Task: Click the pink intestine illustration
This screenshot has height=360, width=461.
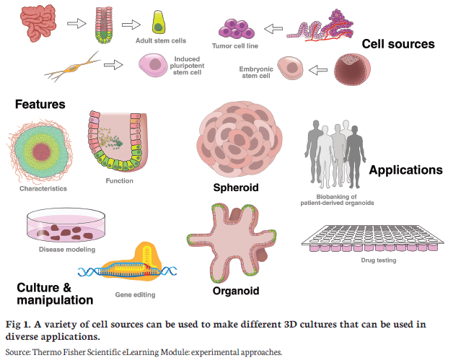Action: [38, 24]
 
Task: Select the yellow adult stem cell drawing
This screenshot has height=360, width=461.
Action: [159, 22]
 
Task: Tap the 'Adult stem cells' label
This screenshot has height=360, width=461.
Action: [161, 40]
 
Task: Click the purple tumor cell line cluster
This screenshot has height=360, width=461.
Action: [237, 29]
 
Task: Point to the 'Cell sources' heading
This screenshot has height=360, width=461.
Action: [398, 44]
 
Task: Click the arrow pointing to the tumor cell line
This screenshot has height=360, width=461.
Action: [273, 29]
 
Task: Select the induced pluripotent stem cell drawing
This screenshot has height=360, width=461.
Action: [153, 66]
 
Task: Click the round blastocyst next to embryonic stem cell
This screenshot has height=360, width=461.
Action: [352, 69]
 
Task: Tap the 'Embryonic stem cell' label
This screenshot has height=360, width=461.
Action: [256, 72]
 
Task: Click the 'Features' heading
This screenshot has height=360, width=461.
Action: [40, 105]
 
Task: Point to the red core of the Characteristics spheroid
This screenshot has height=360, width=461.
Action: [42, 152]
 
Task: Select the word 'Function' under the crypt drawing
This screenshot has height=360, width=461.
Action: [119, 180]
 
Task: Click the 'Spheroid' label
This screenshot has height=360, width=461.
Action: [236, 188]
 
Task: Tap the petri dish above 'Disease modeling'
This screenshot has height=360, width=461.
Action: [66, 225]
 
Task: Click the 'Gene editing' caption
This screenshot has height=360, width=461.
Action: [135, 294]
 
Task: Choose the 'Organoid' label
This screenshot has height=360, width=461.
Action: [236, 291]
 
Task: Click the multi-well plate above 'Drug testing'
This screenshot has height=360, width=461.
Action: [373, 238]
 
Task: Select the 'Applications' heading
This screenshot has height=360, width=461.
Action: [405, 170]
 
